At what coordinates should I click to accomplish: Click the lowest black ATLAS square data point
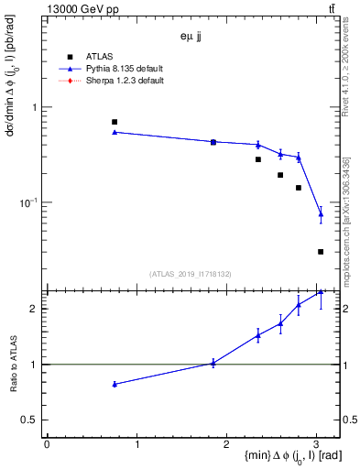point(321,251)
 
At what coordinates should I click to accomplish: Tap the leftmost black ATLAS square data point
point(115,122)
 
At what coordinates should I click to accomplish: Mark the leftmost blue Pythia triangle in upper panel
point(115,132)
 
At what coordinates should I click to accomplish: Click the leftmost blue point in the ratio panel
point(115,384)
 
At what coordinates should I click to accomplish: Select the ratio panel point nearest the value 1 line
point(213,363)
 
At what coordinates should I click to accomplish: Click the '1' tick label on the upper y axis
point(34,107)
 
